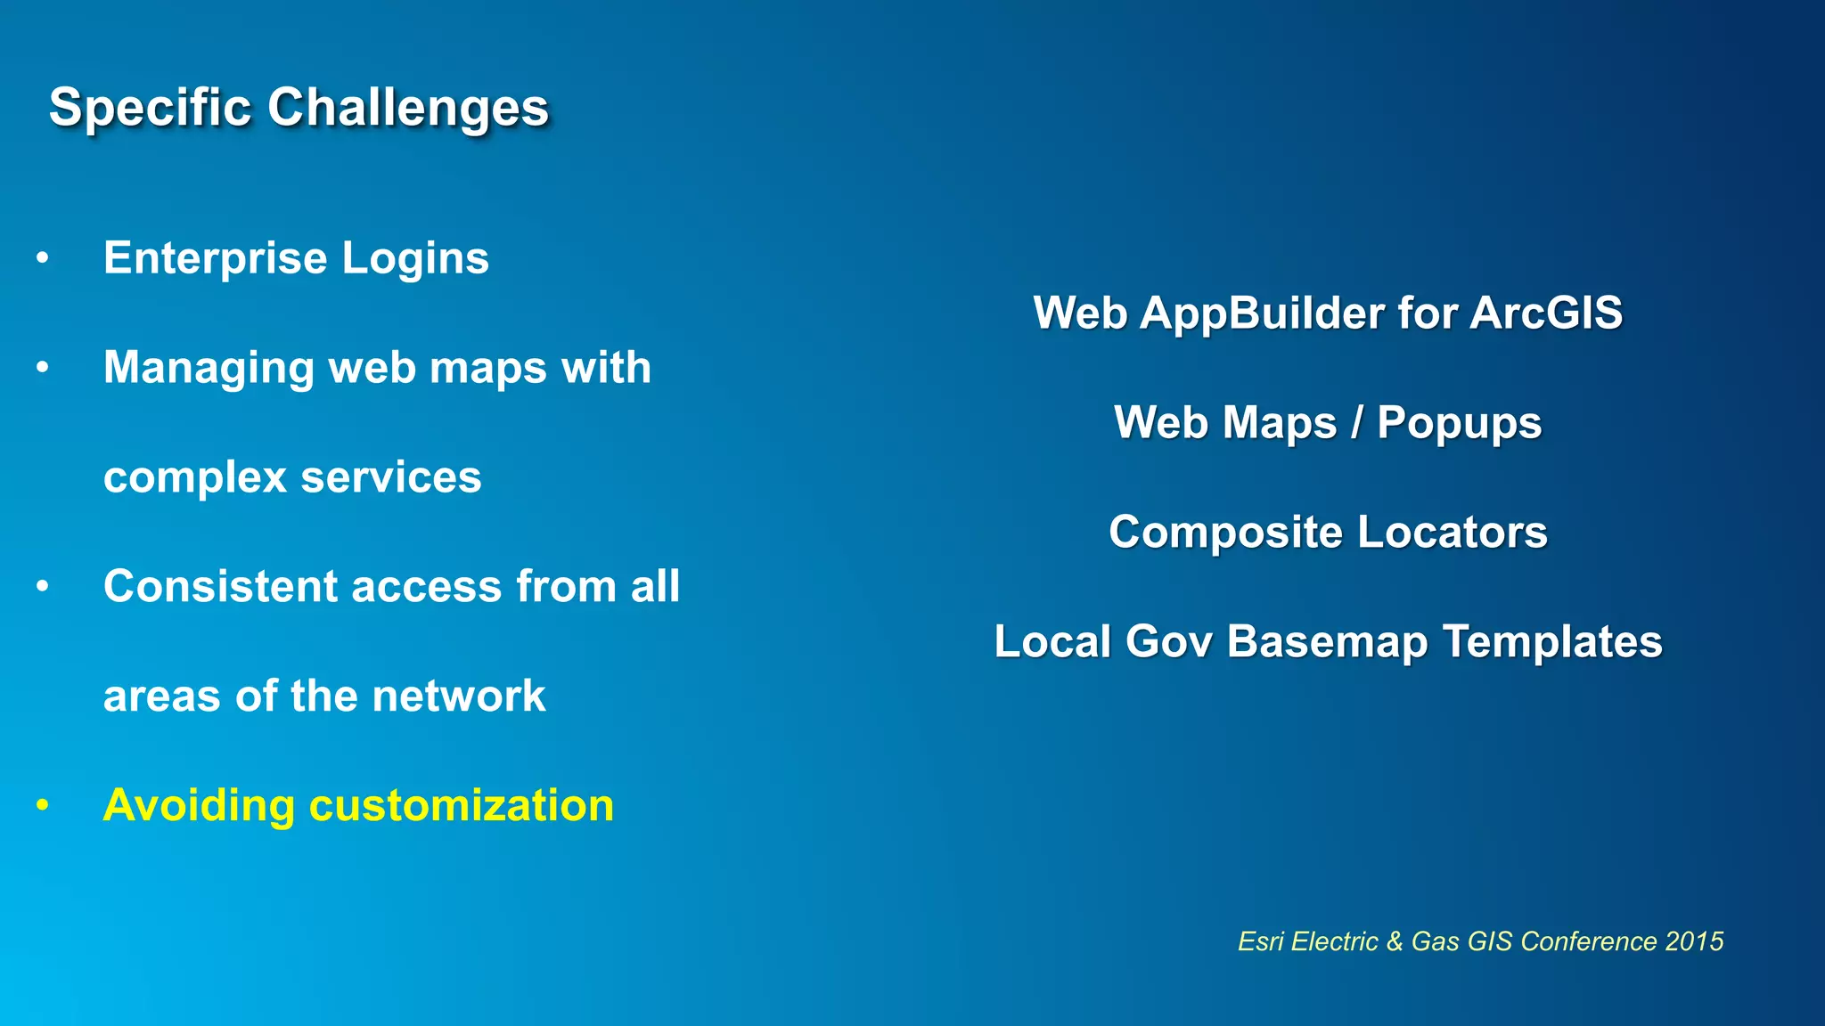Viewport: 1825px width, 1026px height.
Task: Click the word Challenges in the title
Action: coord(408,109)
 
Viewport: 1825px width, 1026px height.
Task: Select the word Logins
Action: coord(415,259)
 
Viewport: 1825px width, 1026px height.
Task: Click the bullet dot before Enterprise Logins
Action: coord(42,259)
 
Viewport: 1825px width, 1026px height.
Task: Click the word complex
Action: coord(195,478)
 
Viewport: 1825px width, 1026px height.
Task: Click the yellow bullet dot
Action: coord(42,805)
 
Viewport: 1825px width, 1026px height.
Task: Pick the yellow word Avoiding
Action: coord(199,806)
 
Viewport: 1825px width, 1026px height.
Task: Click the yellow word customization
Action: coord(461,806)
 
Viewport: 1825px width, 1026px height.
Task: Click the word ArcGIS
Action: coord(1546,313)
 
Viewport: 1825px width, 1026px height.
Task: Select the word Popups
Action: coord(1459,424)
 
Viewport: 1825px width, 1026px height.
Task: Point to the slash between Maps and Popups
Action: coord(1356,423)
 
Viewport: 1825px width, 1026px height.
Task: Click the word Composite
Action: coord(1225,533)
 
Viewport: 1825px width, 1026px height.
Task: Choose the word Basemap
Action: coord(1327,642)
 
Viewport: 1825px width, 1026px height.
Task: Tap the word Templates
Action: coord(1552,642)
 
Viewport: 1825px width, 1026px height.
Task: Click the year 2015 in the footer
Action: coord(1694,941)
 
